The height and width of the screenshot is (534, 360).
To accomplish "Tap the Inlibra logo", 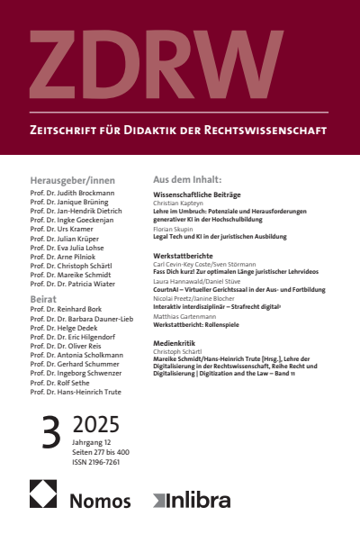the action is [x=193, y=500].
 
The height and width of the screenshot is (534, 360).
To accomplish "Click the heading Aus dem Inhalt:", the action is [x=188, y=180].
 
